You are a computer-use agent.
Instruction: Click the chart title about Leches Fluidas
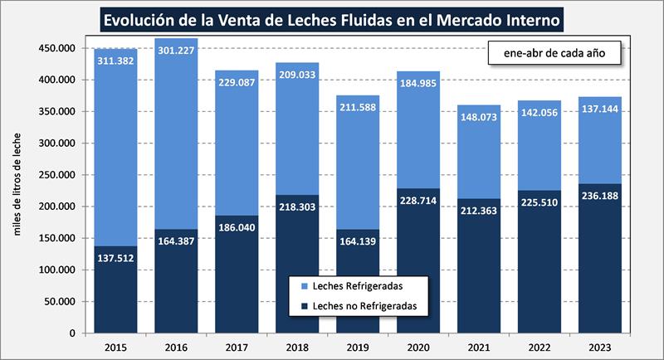[x=331, y=17]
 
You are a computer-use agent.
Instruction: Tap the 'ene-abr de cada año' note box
[x=551, y=54]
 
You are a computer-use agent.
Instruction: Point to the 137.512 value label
[x=115, y=258]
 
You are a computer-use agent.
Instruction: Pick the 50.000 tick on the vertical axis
[x=61, y=302]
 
